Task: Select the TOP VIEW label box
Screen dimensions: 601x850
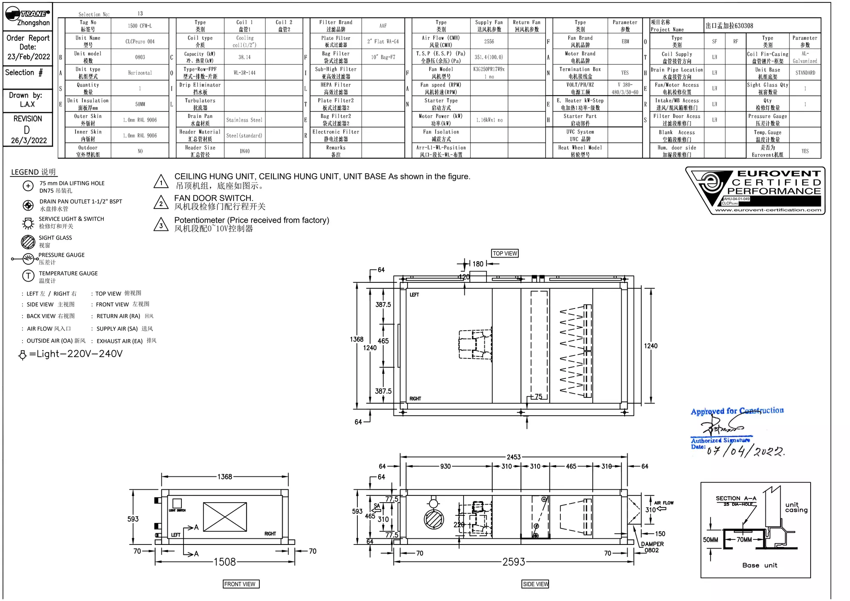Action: pos(505,253)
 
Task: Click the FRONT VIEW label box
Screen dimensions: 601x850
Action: pos(240,584)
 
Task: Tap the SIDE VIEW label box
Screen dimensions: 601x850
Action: pos(535,584)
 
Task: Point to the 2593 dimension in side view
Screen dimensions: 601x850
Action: pos(514,562)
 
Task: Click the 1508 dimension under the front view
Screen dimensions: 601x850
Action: pos(225,562)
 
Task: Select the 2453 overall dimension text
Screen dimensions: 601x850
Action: pos(513,457)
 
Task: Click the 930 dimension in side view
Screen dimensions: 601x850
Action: pos(445,466)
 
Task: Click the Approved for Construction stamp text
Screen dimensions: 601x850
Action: pos(737,411)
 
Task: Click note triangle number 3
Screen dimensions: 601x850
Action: pos(161,225)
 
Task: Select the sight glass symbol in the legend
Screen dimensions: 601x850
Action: pos(28,241)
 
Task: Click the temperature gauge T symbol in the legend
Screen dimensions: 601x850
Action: pos(28,276)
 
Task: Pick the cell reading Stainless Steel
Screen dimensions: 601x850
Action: pos(244,120)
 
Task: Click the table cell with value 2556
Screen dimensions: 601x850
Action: pos(489,42)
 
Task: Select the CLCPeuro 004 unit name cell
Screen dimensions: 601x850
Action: pos(140,42)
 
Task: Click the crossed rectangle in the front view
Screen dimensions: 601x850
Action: pos(225,517)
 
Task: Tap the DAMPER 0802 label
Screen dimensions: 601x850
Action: pos(652,547)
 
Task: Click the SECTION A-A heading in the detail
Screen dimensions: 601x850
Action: pos(736,498)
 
